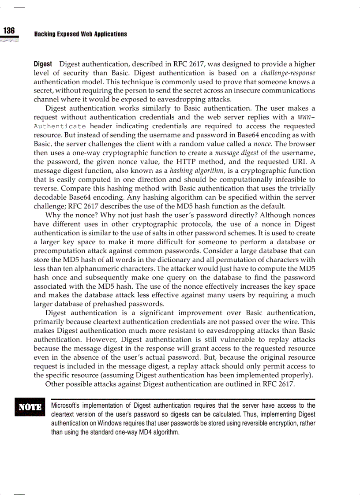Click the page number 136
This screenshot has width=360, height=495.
tap(9, 30)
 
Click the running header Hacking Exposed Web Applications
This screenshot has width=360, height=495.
tap(80, 34)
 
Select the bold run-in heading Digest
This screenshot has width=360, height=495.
tap(43, 64)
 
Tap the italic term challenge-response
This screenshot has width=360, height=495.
tap(288, 73)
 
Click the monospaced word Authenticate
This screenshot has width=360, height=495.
tap(60, 126)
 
